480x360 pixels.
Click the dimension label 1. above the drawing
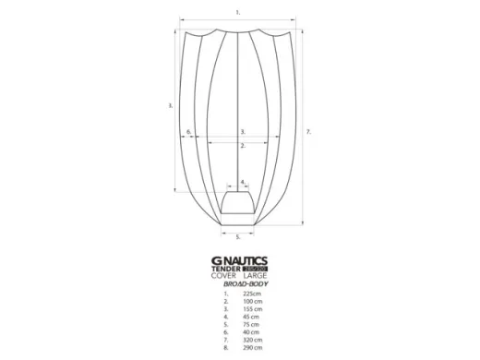pos(237,12)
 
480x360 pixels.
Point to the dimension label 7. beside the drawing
pos(308,132)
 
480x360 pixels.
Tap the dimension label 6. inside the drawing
pos(188,132)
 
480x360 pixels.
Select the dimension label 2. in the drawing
pos(242,146)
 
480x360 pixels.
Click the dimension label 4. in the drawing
pos(242,182)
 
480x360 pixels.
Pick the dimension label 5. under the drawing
pos(238,237)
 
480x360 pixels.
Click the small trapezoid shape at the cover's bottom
pos(239,204)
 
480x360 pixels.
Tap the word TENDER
pos(227,270)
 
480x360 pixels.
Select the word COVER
pos(224,277)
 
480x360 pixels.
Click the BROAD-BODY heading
pos(239,285)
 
